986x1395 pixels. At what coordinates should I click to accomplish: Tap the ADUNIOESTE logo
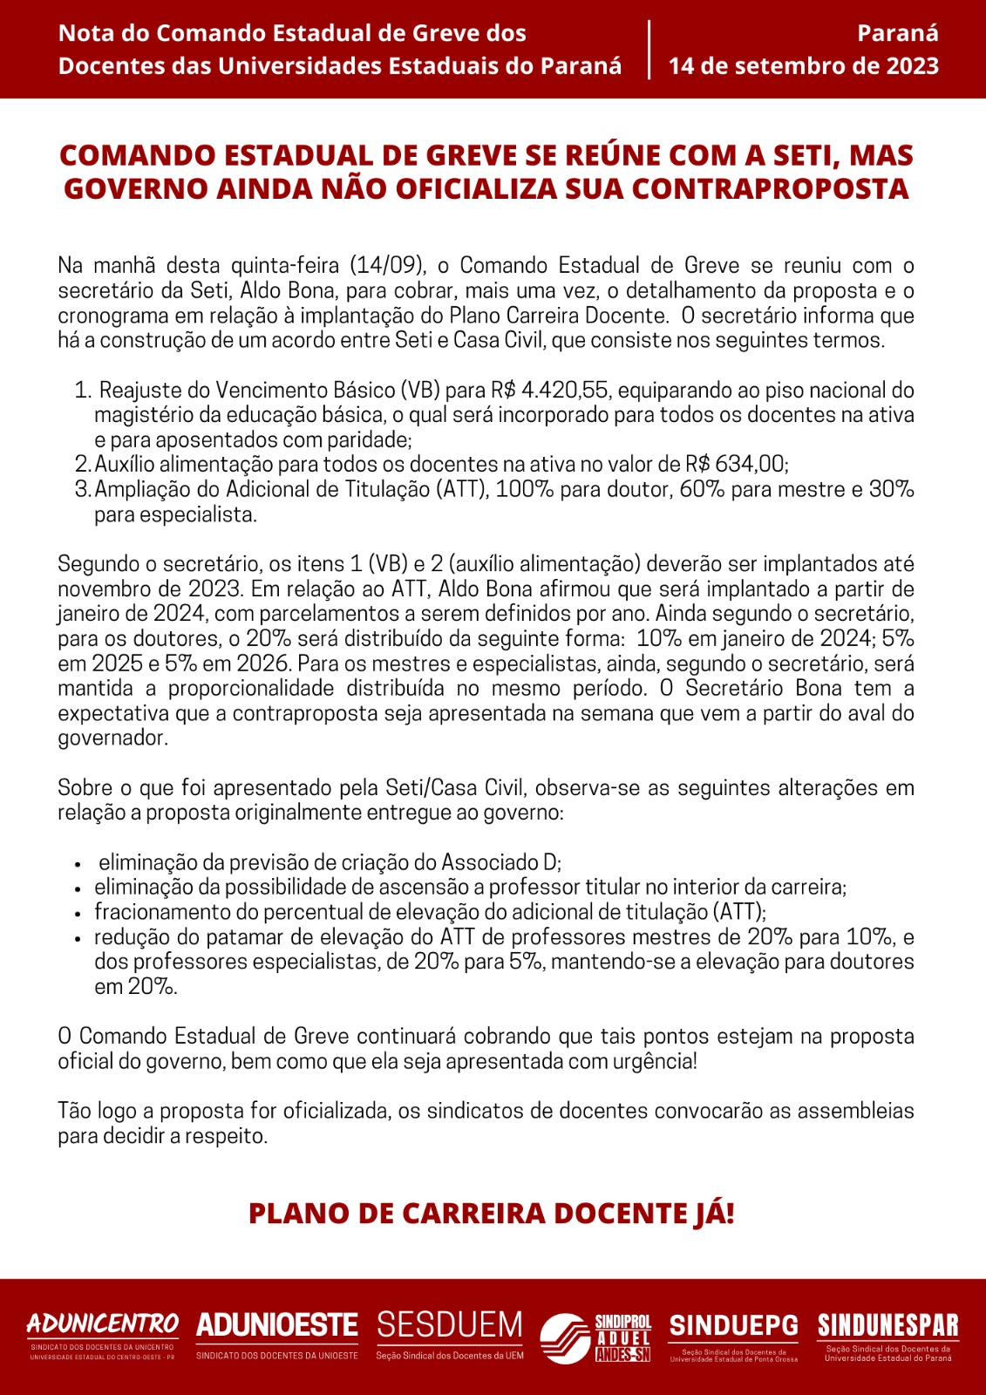[x=277, y=1335]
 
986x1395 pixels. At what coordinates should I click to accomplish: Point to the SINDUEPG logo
[x=733, y=1335]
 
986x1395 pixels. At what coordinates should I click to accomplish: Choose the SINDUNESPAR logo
[x=887, y=1335]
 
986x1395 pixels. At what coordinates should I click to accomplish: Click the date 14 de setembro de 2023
[x=803, y=66]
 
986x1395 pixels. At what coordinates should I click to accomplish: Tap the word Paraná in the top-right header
[x=897, y=33]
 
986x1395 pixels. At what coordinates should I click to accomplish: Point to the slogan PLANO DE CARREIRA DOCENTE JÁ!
[x=492, y=1213]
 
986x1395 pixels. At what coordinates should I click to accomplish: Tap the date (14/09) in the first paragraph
[x=387, y=265]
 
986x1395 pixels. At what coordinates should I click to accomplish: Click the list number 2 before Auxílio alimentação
[x=82, y=465]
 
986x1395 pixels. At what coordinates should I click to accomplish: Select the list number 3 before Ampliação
[x=82, y=489]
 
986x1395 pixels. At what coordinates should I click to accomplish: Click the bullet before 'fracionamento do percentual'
[x=78, y=914]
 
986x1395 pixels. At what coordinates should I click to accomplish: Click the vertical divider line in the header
[x=649, y=50]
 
